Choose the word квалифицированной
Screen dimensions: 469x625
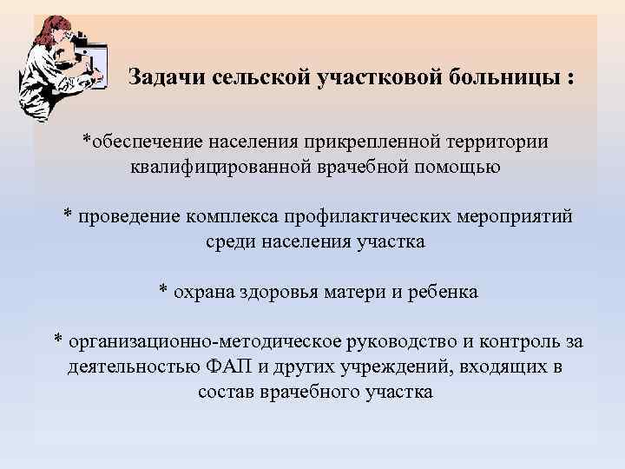click(221, 165)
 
